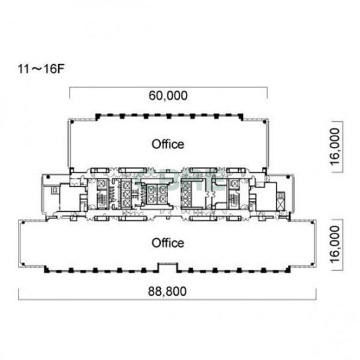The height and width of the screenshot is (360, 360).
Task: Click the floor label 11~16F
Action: tap(41, 68)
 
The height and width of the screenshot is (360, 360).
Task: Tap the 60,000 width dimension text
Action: tap(168, 95)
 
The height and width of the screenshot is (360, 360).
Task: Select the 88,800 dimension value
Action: tap(167, 291)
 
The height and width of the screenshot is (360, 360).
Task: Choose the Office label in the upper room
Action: tap(168, 144)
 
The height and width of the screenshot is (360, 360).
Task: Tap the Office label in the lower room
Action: tap(168, 243)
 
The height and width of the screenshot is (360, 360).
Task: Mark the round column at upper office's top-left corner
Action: tap(72, 122)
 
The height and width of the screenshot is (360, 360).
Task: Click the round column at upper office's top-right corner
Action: tap(265, 122)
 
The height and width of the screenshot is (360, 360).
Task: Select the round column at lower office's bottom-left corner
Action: tap(22, 264)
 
